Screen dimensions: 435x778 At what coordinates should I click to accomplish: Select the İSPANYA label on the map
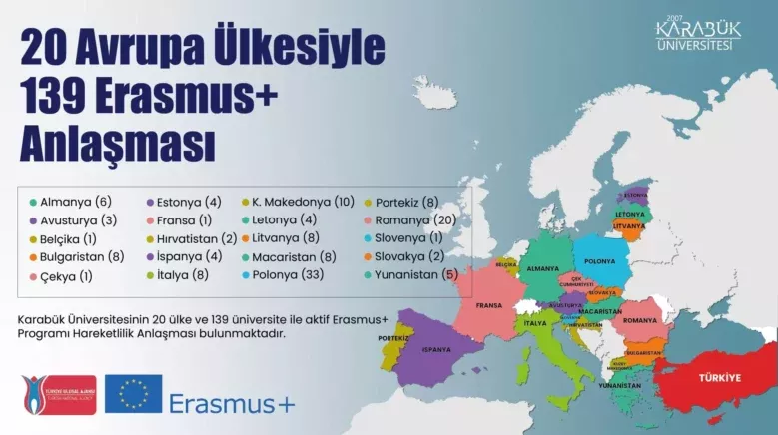tap(435, 350)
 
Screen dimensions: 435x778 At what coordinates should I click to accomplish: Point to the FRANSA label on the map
tap(488, 305)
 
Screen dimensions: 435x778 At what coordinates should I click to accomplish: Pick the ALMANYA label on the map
tap(542, 269)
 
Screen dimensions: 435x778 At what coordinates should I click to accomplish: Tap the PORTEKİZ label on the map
tap(393, 338)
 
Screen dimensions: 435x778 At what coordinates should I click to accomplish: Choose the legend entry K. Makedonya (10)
tap(297, 202)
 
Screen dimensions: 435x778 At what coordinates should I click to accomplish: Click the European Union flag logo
tap(133, 393)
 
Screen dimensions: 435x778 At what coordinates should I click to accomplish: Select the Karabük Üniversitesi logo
tap(698, 34)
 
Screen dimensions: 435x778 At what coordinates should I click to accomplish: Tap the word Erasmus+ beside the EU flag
tap(232, 403)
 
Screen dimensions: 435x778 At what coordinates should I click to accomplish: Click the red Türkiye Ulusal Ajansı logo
tap(58, 394)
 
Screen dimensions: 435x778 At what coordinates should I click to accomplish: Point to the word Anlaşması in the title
tap(117, 144)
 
